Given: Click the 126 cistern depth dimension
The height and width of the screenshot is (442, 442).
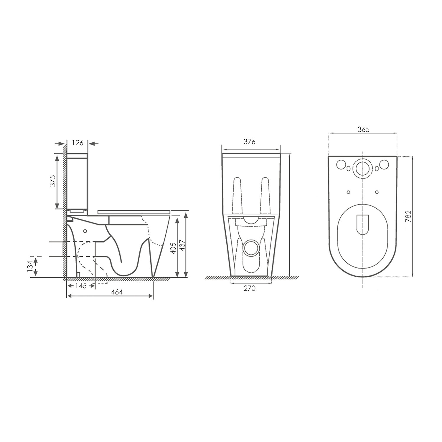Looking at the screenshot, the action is click(78, 143).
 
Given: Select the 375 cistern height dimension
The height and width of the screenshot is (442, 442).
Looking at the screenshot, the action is click(53, 181).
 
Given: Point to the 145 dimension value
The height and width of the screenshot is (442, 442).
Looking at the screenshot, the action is click(81, 286).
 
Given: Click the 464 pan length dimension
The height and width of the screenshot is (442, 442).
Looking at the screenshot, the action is click(117, 292).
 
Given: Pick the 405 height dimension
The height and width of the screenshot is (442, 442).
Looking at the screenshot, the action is click(173, 248).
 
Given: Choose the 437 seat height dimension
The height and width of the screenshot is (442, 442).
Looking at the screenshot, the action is click(182, 245).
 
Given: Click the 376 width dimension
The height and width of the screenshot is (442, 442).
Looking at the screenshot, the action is click(249, 142).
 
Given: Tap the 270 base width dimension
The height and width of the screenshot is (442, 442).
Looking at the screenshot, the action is click(249, 288).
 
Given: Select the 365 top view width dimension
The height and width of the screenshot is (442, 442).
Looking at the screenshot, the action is click(363, 129).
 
